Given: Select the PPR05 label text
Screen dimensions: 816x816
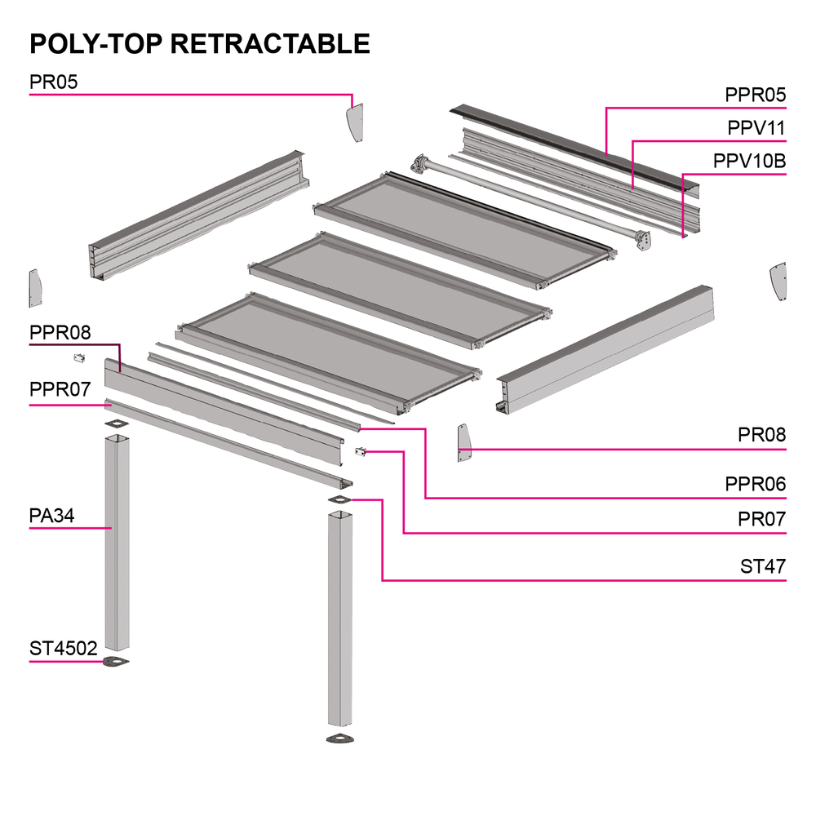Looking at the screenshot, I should (755, 95).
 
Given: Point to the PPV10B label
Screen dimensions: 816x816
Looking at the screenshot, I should (749, 161).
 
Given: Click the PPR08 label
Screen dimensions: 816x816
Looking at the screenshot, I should (60, 333).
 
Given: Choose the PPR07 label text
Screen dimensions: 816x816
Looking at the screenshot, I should (60, 389).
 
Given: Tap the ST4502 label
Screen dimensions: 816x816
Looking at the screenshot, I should (64, 649).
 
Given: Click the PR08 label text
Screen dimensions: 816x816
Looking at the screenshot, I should (761, 435).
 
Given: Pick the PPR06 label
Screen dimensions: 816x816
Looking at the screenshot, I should (755, 485).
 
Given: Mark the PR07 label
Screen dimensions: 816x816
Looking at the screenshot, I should (761, 519).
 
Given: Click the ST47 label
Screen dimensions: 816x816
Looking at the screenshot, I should (763, 566).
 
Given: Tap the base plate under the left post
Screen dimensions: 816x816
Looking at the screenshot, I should (117, 661).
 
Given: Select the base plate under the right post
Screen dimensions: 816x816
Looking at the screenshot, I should (341, 739).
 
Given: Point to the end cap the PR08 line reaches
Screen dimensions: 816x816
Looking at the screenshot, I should (464, 444).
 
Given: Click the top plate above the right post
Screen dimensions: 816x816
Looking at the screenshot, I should (339, 500).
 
